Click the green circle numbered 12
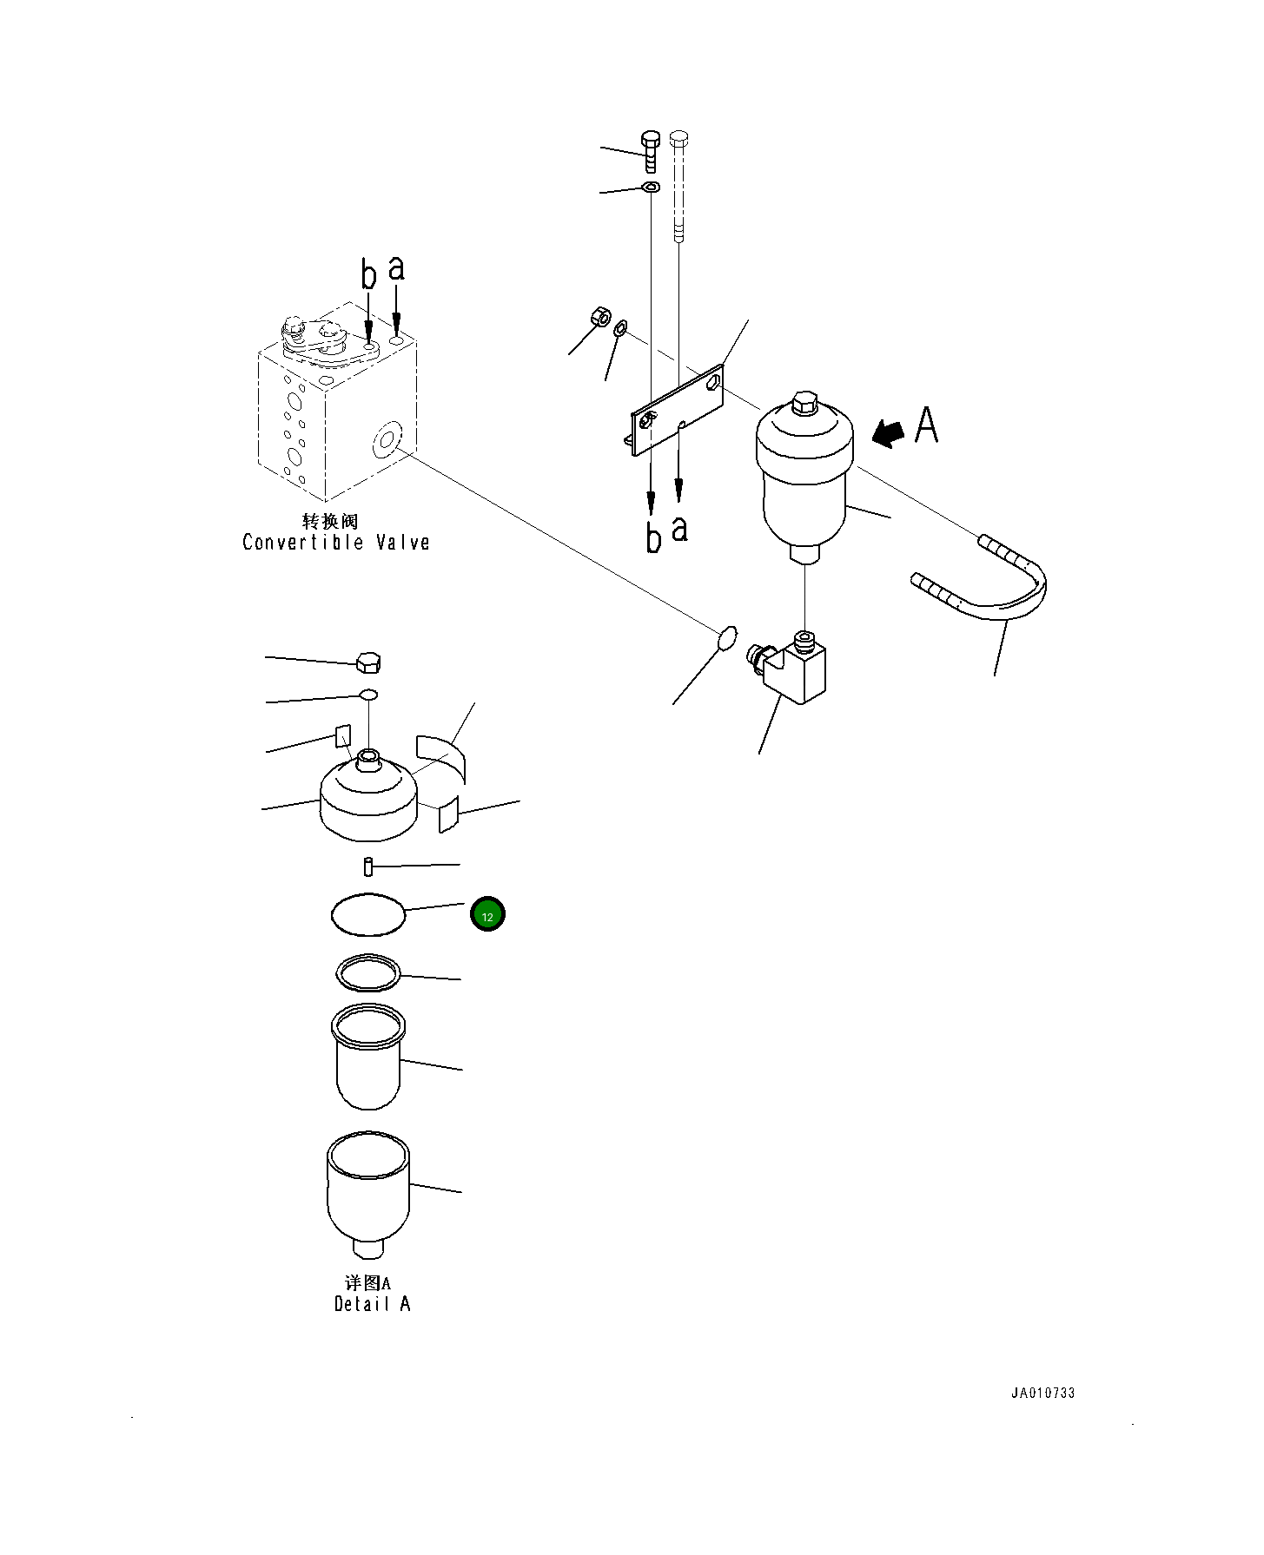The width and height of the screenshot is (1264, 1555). click(487, 915)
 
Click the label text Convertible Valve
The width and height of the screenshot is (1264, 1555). click(335, 543)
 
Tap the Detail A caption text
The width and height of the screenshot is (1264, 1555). click(372, 1303)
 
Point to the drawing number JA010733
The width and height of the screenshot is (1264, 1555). click(1042, 1393)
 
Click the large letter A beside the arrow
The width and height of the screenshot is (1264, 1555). click(927, 425)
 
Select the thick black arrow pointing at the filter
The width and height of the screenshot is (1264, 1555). click(888, 432)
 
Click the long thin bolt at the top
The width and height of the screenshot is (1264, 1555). click(679, 186)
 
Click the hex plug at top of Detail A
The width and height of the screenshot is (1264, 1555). click(368, 662)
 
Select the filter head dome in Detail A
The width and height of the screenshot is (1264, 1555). click(368, 799)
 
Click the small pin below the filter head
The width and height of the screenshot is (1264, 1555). click(368, 866)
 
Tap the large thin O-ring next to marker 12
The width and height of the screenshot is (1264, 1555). click(369, 914)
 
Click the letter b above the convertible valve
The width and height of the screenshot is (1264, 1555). click(369, 275)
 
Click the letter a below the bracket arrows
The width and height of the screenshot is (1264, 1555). click(680, 527)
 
